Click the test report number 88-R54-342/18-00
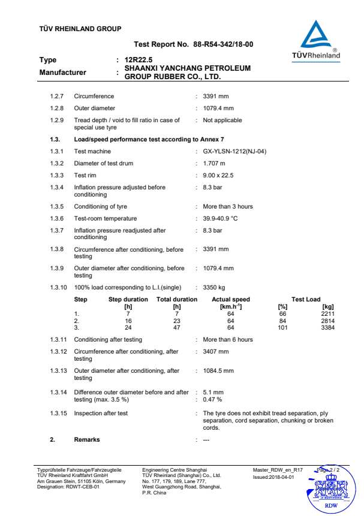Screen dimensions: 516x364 click(x=223, y=44)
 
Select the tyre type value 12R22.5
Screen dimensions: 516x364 click(x=139, y=60)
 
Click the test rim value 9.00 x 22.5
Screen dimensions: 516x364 click(x=218, y=176)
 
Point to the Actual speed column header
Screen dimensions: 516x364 click(x=231, y=300)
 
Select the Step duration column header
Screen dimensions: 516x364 click(x=128, y=300)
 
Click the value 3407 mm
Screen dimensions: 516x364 click(x=216, y=351)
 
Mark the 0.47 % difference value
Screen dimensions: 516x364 click(x=213, y=399)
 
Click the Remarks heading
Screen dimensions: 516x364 click(x=87, y=439)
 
